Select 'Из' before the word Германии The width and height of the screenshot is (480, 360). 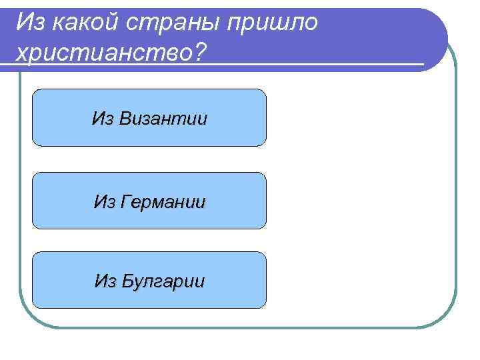[x=105, y=201]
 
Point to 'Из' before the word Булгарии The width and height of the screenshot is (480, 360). [x=105, y=281]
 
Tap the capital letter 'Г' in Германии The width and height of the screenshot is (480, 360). [x=125, y=201]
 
